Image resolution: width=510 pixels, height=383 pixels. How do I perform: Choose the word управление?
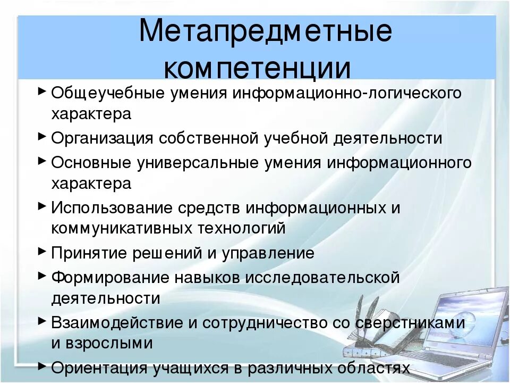(x=268, y=253)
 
